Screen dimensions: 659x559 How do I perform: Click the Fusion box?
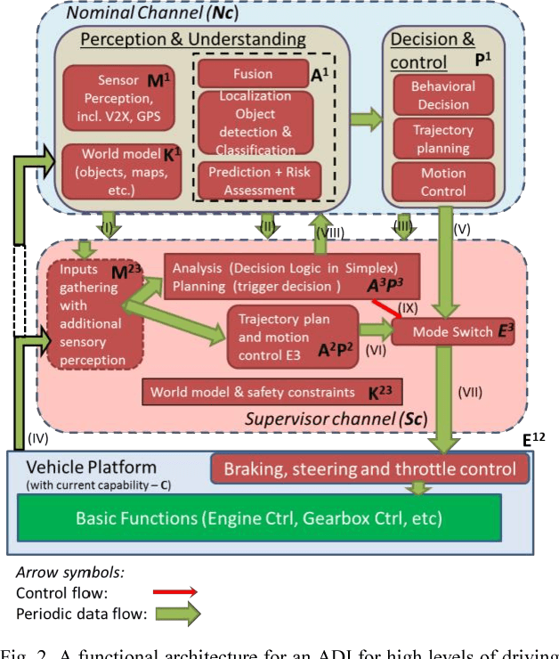[255, 74]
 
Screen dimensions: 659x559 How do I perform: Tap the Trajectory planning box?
[442, 139]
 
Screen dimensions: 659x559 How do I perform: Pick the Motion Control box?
[442, 182]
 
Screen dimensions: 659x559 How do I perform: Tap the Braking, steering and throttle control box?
[369, 468]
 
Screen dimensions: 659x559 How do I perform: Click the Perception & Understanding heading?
[193, 40]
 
